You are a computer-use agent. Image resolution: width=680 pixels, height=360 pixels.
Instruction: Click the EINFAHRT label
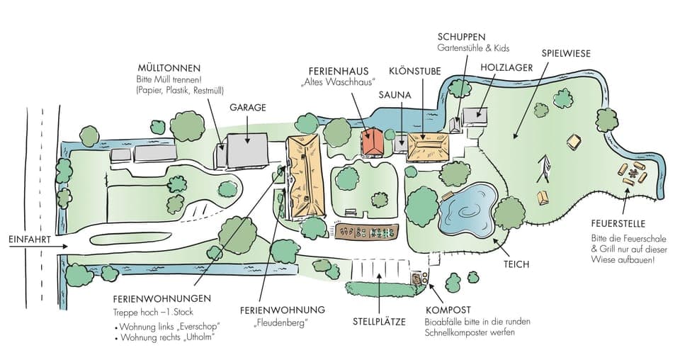point(30,240)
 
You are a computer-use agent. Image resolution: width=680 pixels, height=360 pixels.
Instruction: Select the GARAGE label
point(247,108)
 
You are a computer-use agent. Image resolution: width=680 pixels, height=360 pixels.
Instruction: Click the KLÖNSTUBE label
point(415,72)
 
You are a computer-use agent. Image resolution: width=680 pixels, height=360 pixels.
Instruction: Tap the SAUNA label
point(395,94)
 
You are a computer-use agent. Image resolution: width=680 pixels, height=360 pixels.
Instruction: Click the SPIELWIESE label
point(565,53)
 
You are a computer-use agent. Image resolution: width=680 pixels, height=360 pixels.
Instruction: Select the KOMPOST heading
point(448,310)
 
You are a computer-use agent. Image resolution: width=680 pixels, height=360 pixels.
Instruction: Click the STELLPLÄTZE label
point(379,322)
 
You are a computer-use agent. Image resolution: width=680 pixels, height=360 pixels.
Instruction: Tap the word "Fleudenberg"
point(281,324)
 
